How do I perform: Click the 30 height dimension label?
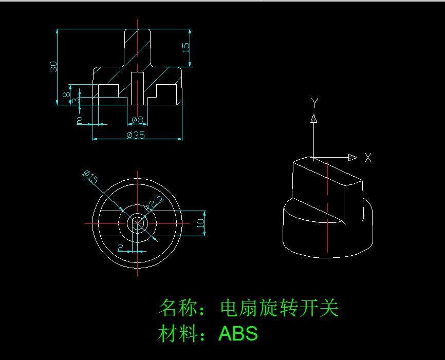(53, 66)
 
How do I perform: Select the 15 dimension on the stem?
(186, 47)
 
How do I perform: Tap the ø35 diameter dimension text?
(136, 135)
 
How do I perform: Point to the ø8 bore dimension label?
(137, 120)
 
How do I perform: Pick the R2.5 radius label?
(154, 202)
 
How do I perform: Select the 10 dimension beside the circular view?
(200, 223)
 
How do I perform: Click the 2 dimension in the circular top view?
(121, 248)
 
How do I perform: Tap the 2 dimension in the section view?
(80, 120)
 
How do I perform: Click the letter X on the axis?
(368, 158)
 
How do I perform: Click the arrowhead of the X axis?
(353, 157)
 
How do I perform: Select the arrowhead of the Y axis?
(313, 119)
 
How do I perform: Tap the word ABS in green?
(238, 334)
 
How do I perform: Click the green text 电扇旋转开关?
(279, 309)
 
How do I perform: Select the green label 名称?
(177, 309)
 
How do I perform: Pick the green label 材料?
(177, 334)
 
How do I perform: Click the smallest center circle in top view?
(138, 223)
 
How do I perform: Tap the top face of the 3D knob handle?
(326, 171)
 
